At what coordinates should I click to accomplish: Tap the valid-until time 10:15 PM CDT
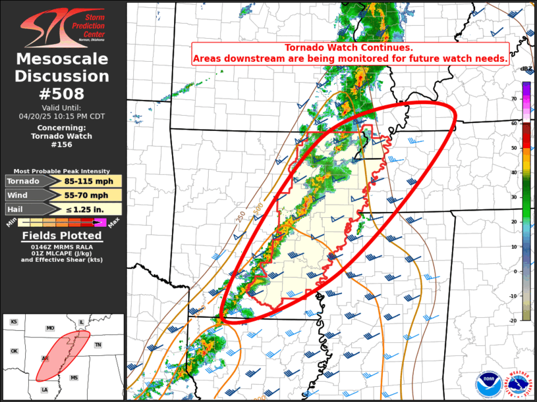(x=81, y=115)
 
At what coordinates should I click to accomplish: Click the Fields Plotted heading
(x=62, y=236)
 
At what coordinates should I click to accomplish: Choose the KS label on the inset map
(x=14, y=322)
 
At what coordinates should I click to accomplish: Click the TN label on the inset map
(x=98, y=345)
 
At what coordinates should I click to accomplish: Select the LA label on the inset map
(x=45, y=389)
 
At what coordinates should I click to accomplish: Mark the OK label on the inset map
(x=14, y=351)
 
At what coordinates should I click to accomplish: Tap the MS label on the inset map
(x=74, y=378)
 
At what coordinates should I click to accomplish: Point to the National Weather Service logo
(x=518, y=384)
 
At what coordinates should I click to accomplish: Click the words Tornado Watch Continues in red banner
(x=349, y=48)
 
